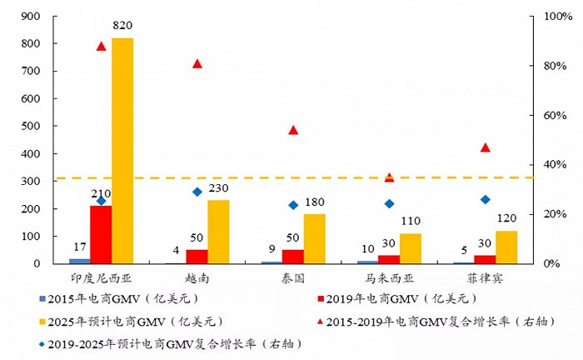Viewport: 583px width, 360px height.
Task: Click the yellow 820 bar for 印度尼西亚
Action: (x=122, y=151)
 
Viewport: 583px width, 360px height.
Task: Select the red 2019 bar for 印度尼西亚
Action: (x=101, y=234)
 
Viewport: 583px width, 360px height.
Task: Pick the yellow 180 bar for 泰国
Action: (x=314, y=238)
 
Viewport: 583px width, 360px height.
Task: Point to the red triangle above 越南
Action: (x=197, y=64)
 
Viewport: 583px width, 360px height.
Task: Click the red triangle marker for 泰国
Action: (x=293, y=130)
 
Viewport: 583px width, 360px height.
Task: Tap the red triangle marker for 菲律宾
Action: (x=486, y=147)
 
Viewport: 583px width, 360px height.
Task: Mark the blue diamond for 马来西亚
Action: (x=389, y=203)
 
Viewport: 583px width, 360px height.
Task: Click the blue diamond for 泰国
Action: (x=293, y=205)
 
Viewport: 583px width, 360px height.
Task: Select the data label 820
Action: (x=122, y=27)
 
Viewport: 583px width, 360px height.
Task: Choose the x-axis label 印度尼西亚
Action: (x=101, y=276)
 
